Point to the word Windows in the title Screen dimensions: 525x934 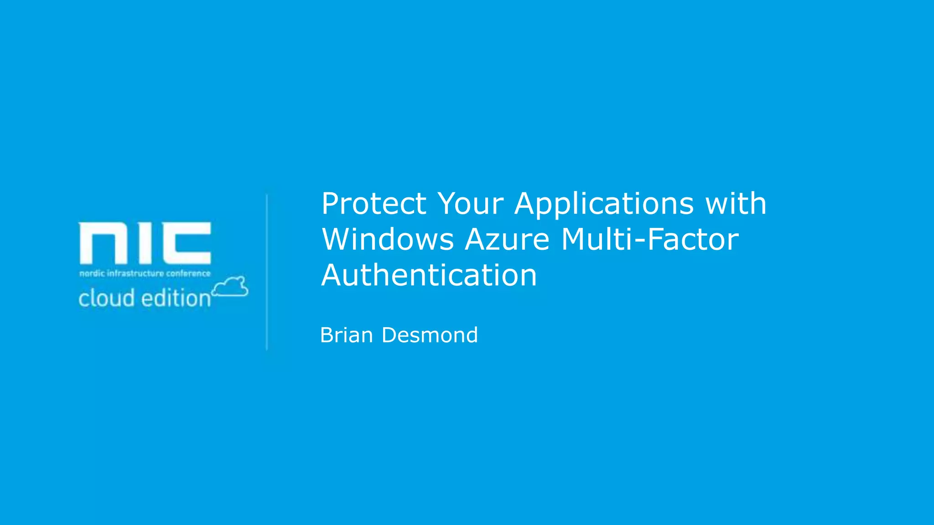point(388,240)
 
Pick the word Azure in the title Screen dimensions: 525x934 point(507,240)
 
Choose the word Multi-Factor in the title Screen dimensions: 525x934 point(649,240)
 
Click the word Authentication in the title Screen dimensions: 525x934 point(429,276)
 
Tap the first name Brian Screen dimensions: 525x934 point(347,335)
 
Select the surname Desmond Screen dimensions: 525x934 point(430,335)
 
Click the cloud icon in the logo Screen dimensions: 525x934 point(230,287)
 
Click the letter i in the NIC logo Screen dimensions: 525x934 point(145,243)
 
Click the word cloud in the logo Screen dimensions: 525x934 point(106,299)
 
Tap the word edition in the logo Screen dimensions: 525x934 point(176,299)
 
